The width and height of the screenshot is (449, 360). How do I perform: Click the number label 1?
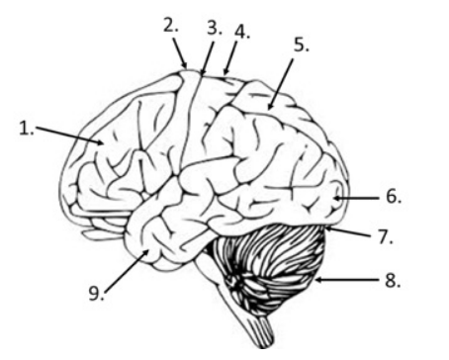pyautogui.click(x=27, y=129)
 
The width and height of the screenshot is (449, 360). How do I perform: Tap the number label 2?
pyautogui.click(x=171, y=26)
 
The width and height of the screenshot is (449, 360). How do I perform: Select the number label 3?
pyautogui.click(x=215, y=28)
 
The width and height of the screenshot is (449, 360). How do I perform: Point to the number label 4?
pyautogui.click(x=242, y=33)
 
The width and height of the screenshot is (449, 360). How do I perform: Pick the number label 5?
pyautogui.click(x=302, y=45)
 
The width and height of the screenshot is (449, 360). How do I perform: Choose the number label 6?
pyautogui.click(x=394, y=197)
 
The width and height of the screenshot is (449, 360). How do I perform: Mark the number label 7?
pyautogui.click(x=385, y=236)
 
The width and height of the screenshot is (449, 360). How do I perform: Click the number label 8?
pyautogui.click(x=393, y=281)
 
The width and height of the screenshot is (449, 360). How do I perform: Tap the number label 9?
pyautogui.click(x=97, y=293)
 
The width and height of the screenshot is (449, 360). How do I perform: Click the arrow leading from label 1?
pyautogui.click(x=69, y=135)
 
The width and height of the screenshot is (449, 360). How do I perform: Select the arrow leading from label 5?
pyautogui.click(x=280, y=84)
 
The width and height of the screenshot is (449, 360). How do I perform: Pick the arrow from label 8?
pyautogui.click(x=347, y=280)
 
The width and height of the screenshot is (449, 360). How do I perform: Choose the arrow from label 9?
pyautogui.click(x=127, y=271)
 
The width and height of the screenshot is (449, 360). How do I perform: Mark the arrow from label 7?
pyautogui.click(x=349, y=230)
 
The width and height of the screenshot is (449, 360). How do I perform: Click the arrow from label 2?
pyautogui.click(x=180, y=53)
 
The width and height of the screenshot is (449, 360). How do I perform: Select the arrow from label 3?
pyautogui.click(x=207, y=58)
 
